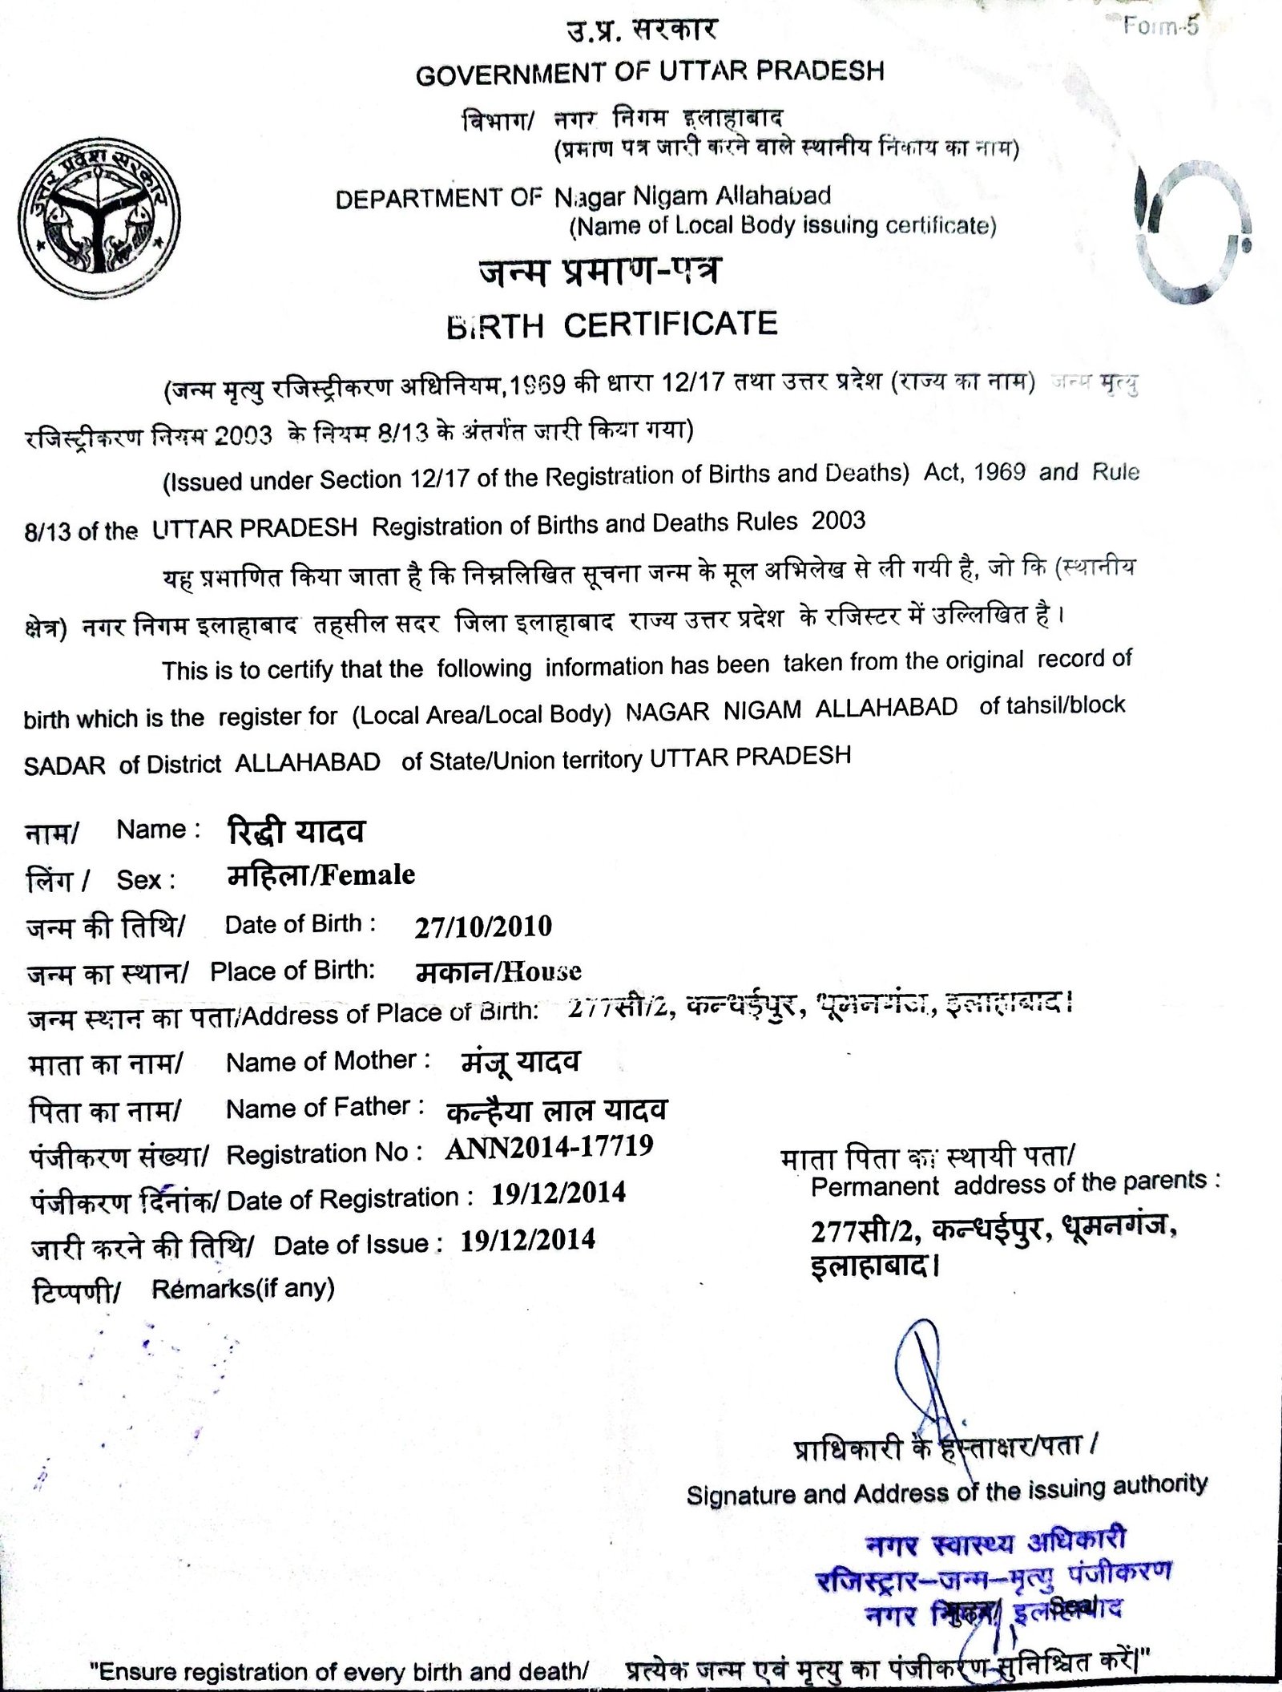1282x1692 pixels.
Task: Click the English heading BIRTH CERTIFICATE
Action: tap(611, 325)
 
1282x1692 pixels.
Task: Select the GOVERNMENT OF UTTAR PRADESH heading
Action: tap(650, 73)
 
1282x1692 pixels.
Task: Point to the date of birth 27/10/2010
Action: tap(483, 927)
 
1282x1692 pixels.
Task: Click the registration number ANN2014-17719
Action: tap(549, 1148)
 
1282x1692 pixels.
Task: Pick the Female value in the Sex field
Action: tap(369, 875)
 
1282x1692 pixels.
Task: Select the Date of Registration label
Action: tap(343, 1199)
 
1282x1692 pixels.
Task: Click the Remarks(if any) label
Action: tap(243, 1289)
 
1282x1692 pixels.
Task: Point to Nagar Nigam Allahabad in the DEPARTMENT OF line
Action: tap(692, 196)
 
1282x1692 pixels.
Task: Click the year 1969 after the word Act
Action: tap(999, 472)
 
